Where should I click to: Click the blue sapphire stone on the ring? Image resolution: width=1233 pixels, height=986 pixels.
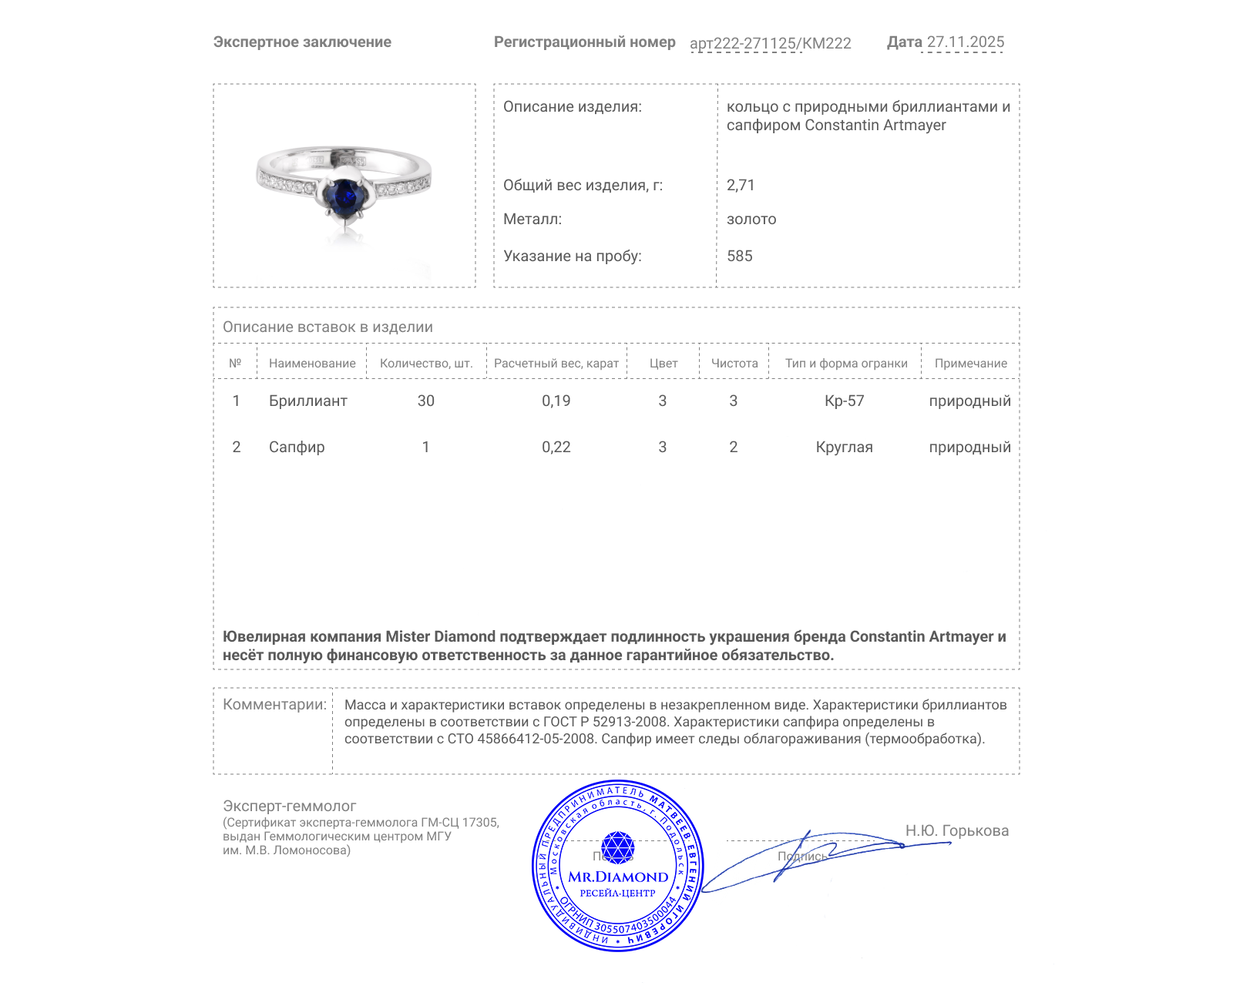342,196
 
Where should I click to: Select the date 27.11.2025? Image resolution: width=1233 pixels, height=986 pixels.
965,42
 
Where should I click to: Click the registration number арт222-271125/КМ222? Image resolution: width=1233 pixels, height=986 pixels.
770,43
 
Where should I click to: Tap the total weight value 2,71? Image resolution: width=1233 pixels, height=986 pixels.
741,185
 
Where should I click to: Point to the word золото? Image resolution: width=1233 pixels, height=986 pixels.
751,220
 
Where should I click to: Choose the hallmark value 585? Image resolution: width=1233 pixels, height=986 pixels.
740,257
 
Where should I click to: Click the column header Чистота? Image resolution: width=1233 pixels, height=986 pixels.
734,364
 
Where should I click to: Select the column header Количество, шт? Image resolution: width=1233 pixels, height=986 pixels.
425,364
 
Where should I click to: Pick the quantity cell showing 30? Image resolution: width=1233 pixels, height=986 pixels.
425,401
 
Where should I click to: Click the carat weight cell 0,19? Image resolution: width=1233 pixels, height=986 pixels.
556,401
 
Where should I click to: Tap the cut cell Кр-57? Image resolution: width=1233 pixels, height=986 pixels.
844,401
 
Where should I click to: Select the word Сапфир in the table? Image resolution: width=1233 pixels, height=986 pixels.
297,448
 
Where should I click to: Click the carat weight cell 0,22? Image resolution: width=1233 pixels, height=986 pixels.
556,448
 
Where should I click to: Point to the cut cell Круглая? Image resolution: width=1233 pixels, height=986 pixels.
844,448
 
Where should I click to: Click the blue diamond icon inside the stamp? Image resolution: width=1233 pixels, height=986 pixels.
617,847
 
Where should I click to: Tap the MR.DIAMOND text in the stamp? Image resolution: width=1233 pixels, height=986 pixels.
618,877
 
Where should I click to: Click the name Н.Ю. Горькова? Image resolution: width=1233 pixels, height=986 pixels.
956,830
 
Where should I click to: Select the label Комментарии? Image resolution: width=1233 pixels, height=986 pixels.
274,704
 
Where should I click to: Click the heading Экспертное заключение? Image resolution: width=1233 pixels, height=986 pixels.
302,42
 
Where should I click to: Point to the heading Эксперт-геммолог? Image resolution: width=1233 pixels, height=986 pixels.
289,806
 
